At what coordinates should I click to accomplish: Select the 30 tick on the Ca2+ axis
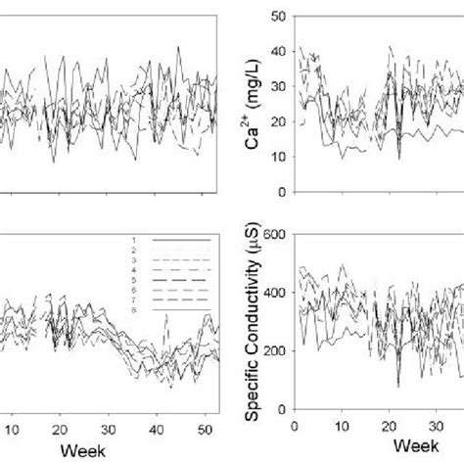click(x=279, y=85)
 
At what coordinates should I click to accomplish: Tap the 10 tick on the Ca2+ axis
click(x=279, y=157)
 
